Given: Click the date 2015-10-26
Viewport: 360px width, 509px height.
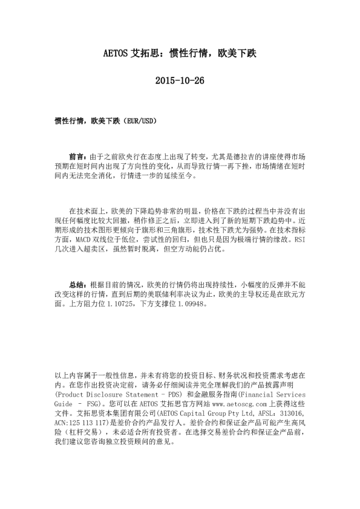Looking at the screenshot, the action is tap(180, 80).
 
